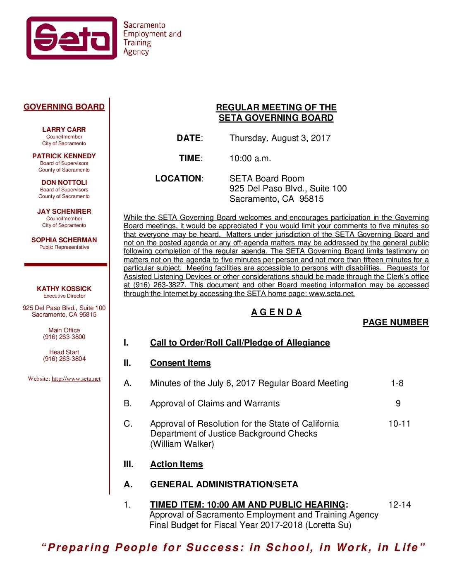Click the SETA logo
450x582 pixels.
click(x=72, y=38)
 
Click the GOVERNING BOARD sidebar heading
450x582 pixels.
click(x=64, y=107)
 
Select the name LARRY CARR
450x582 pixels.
click(x=64, y=130)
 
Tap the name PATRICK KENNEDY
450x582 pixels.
click(x=64, y=156)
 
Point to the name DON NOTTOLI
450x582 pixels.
click(x=64, y=183)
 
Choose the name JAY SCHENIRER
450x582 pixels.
click(x=64, y=212)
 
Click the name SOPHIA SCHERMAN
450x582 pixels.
click(x=64, y=240)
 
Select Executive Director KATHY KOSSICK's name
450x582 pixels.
click(x=64, y=289)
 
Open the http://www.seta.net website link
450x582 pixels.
click(x=76, y=379)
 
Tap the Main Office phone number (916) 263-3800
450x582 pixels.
click(x=64, y=337)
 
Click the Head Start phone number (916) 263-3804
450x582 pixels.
click(x=64, y=359)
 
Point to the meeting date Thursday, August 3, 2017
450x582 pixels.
click(x=280, y=138)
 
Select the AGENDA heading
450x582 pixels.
click(x=276, y=312)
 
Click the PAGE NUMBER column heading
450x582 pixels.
click(x=395, y=323)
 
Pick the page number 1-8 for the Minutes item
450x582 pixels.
click(x=397, y=384)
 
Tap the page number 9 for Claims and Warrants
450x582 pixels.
click(x=398, y=404)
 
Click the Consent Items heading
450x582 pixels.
click(x=180, y=363)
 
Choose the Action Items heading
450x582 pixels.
click(x=177, y=465)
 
